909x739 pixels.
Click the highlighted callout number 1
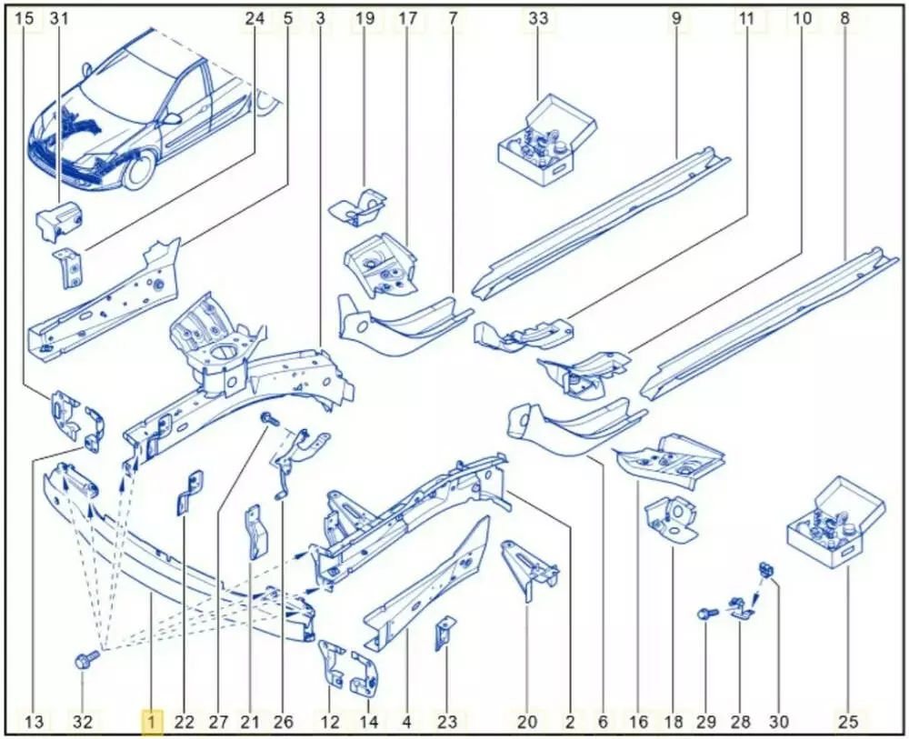pyautogui.click(x=152, y=723)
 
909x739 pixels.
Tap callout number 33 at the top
pyautogui.click(x=538, y=18)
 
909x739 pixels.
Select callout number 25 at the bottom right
pyautogui.click(x=847, y=723)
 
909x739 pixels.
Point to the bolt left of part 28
pyautogui.click(x=708, y=614)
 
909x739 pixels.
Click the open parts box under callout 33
pyautogui.click(x=546, y=140)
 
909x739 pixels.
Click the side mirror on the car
pyautogui.click(x=172, y=119)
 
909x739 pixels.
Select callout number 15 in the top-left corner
pyautogui.click(x=25, y=18)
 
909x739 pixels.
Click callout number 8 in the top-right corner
pyautogui.click(x=844, y=18)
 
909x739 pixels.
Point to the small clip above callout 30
pyautogui.click(x=766, y=570)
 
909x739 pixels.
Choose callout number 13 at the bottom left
pyautogui.click(x=35, y=723)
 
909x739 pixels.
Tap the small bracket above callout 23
pyautogui.click(x=445, y=634)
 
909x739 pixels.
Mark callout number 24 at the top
pyautogui.click(x=254, y=18)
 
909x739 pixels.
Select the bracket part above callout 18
pyautogui.click(x=672, y=520)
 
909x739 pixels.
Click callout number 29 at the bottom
pyautogui.click(x=705, y=723)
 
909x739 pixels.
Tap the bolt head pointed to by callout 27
pyautogui.click(x=268, y=417)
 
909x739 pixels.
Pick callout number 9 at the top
pyautogui.click(x=676, y=18)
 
